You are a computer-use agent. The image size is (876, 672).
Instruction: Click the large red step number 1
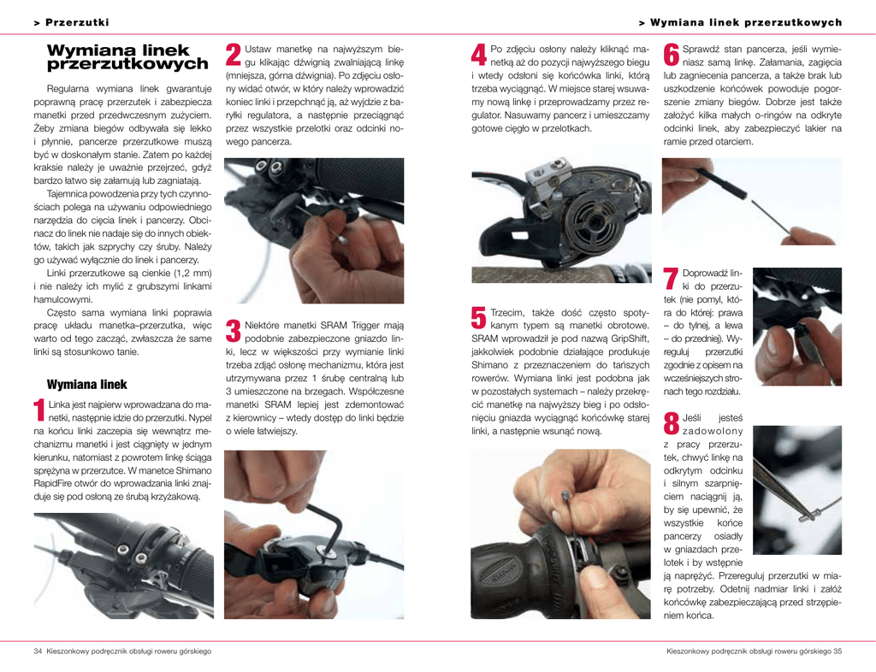[x=39, y=410]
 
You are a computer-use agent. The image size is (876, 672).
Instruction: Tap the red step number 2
[x=233, y=55]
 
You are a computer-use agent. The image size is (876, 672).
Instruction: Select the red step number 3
[x=233, y=330]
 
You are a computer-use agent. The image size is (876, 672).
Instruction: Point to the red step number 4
[x=479, y=55]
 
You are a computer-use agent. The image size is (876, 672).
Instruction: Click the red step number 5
[x=479, y=317]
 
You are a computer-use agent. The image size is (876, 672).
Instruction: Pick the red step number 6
[x=671, y=55]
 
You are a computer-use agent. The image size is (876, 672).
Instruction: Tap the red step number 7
[x=671, y=279]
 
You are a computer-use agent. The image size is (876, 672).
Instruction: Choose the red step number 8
[x=671, y=423]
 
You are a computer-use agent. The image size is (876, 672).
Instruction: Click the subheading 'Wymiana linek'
[x=87, y=385]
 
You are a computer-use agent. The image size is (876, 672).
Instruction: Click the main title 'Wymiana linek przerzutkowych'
[x=127, y=57]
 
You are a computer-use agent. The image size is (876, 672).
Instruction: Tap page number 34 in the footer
[x=38, y=651]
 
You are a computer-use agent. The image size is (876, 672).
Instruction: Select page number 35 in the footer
[x=838, y=651]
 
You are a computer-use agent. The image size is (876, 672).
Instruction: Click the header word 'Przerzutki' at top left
[x=77, y=22]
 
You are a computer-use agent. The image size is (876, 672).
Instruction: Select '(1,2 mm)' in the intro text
[x=193, y=273]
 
